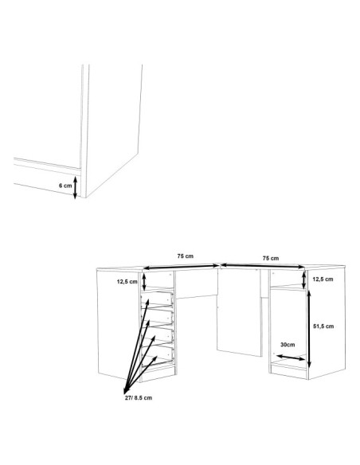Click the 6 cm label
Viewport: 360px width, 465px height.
(65, 186)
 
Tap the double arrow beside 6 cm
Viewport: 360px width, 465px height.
(75, 187)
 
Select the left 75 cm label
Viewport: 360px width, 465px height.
(186, 256)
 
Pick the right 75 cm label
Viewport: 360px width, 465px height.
(271, 258)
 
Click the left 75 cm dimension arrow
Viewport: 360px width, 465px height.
(181, 267)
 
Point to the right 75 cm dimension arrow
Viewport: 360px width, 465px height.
(263, 266)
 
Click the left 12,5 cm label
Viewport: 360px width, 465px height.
(127, 282)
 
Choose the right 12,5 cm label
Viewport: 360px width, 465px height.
(323, 279)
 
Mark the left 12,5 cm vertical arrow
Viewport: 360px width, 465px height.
(144, 282)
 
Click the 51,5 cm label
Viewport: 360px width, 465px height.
(323, 326)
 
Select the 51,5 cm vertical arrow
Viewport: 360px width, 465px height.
(309, 329)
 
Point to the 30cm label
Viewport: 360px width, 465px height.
(288, 345)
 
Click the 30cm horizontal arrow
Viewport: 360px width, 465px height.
(291, 357)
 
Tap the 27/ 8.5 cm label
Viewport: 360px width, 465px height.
(139, 398)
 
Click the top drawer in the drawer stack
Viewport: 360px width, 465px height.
(157, 299)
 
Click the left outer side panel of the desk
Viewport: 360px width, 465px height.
(119, 325)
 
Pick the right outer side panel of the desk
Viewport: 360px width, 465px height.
(327, 322)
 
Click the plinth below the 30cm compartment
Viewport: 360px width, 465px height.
(289, 372)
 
